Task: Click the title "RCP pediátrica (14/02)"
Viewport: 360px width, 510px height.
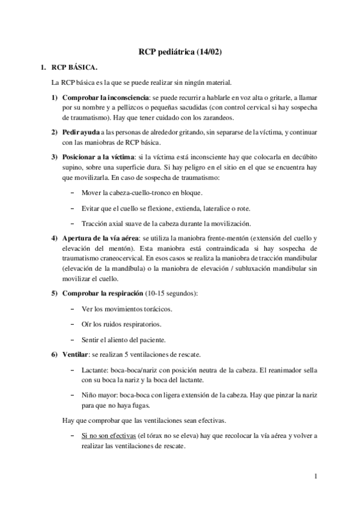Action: [x=180, y=52]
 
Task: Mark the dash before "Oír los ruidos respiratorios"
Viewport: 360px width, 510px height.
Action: [x=73, y=324]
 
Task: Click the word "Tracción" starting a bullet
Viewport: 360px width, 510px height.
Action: [x=96, y=223]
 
